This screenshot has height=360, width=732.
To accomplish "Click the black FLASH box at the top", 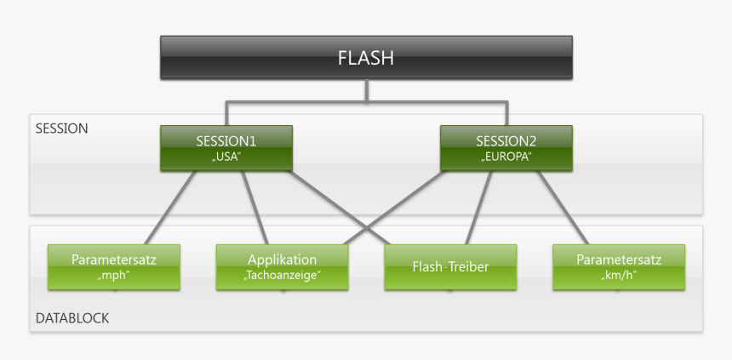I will (x=366, y=58).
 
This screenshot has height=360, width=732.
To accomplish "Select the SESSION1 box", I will (x=226, y=147).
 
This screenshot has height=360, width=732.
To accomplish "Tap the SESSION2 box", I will (x=506, y=147).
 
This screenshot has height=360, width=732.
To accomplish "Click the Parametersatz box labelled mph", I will (x=113, y=266).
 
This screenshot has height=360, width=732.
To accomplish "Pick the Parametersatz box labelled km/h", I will (x=618, y=266).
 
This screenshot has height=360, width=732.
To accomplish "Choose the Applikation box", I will (x=282, y=266).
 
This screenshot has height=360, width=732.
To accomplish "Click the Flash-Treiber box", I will (x=450, y=267).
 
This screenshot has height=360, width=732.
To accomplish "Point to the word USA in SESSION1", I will (x=226, y=157).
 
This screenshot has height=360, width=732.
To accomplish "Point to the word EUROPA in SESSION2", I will (x=506, y=157).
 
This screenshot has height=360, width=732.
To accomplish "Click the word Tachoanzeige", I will (x=282, y=275).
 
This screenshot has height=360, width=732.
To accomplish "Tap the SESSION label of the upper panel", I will (x=61, y=129).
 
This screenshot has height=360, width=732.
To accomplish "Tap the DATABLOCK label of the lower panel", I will (x=72, y=318).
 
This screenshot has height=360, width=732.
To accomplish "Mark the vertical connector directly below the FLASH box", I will (x=366, y=91).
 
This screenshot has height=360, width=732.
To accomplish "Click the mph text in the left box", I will (x=113, y=275).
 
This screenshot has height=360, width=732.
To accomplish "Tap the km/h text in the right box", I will (x=618, y=275).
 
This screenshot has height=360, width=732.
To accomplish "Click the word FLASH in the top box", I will (x=366, y=58).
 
